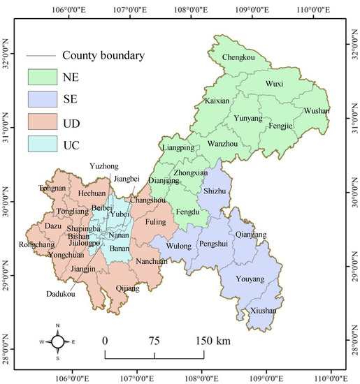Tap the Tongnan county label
tap(52, 189)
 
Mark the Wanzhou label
tap(224, 145)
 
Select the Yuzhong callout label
tap(104, 166)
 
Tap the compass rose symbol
tap(58, 341)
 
